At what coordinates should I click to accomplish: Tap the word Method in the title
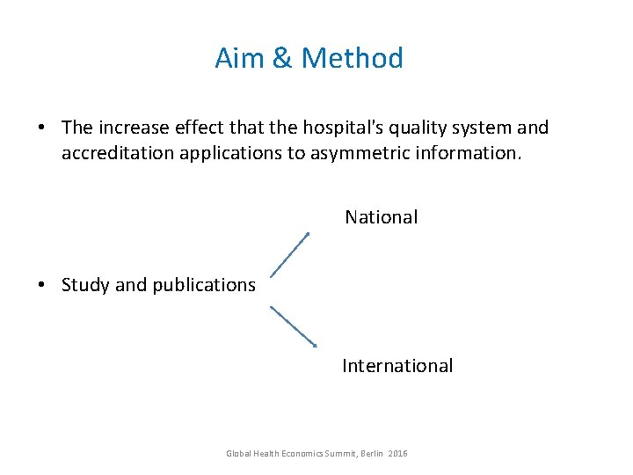click(352, 58)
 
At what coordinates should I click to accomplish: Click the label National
click(381, 217)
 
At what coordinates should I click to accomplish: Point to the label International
click(397, 366)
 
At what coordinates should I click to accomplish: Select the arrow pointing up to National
click(289, 255)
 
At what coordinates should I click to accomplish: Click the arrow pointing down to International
click(293, 326)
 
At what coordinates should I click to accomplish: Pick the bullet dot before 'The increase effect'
click(42, 128)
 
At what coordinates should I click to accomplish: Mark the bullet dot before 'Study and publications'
click(42, 285)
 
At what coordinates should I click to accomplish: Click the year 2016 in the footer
click(397, 454)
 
